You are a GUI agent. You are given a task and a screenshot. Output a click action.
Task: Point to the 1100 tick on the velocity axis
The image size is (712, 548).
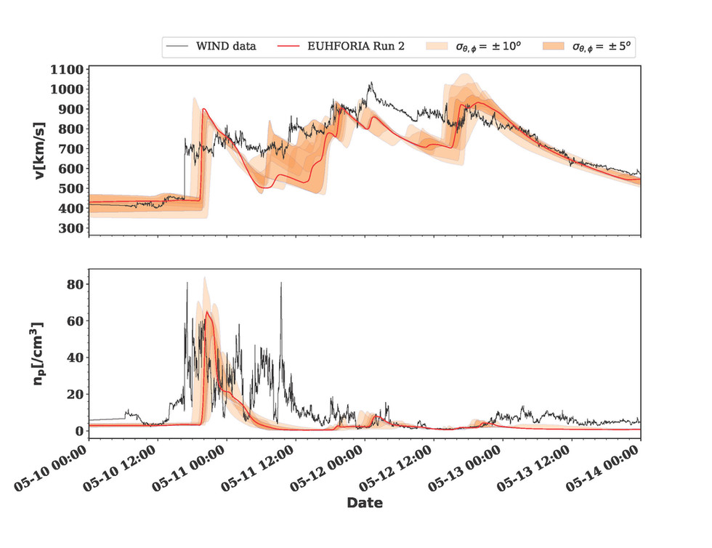tap(66, 70)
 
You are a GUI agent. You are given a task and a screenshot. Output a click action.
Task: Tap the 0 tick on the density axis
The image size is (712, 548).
tap(78, 431)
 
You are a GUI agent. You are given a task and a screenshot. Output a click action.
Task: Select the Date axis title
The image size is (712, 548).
tap(364, 503)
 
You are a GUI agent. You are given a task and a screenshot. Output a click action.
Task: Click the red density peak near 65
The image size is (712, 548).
tap(207, 313)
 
